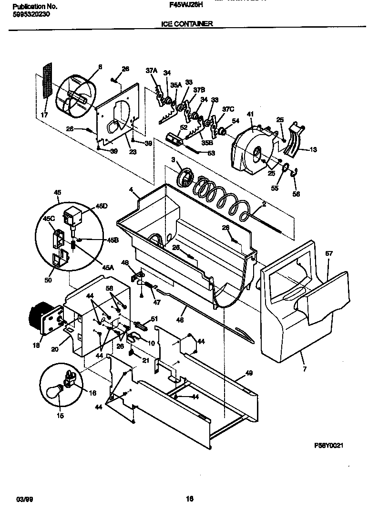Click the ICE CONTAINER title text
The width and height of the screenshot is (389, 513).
pyautogui.click(x=184, y=23)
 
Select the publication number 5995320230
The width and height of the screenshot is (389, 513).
pyautogui.click(x=30, y=14)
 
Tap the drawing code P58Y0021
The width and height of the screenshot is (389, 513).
pyautogui.click(x=329, y=445)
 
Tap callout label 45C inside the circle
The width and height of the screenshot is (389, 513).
pyautogui.click(x=49, y=219)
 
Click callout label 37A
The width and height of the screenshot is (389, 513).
pyautogui.click(x=151, y=71)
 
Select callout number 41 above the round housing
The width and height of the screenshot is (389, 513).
pyautogui.click(x=250, y=115)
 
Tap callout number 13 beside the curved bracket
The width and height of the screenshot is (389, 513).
pyautogui.click(x=313, y=149)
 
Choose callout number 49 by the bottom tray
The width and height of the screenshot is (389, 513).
pyautogui.click(x=248, y=373)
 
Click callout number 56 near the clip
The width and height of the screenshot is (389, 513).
pyautogui.click(x=297, y=194)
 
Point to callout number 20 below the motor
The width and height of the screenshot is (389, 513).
pyautogui.click(x=55, y=349)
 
